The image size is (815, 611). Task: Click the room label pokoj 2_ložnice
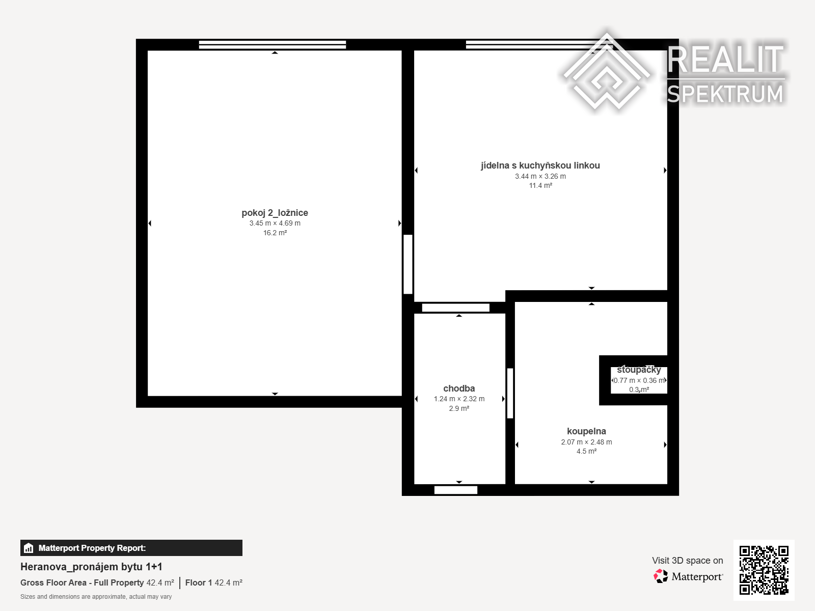tap(275, 213)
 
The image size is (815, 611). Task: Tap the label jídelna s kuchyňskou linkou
tap(540, 165)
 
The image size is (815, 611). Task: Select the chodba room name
tap(459, 388)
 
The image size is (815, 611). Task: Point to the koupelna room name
tap(586, 431)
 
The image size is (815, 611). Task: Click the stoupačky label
tap(639, 370)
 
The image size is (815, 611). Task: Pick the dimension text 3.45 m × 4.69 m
tap(275, 224)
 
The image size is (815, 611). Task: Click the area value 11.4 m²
tap(540, 185)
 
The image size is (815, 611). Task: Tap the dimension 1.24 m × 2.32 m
tap(459, 399)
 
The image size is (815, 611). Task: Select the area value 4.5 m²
tap(586, 452)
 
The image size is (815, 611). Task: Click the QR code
tap(764, 570)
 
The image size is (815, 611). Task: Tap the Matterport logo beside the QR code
tap(688, 576)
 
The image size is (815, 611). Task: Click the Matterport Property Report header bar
tap(131, 548)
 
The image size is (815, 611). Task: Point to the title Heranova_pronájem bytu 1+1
tap(91, 567)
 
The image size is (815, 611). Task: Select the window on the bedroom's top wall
tap(273, 44)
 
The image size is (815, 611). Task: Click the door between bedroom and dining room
tap(407, 264)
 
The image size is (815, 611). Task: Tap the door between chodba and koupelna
tap(510, 393)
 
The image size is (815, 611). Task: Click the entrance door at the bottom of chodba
tap(455, 490)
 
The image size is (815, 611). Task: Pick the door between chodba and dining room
tap(455, 308)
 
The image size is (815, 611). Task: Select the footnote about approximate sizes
tap(96, 597)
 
